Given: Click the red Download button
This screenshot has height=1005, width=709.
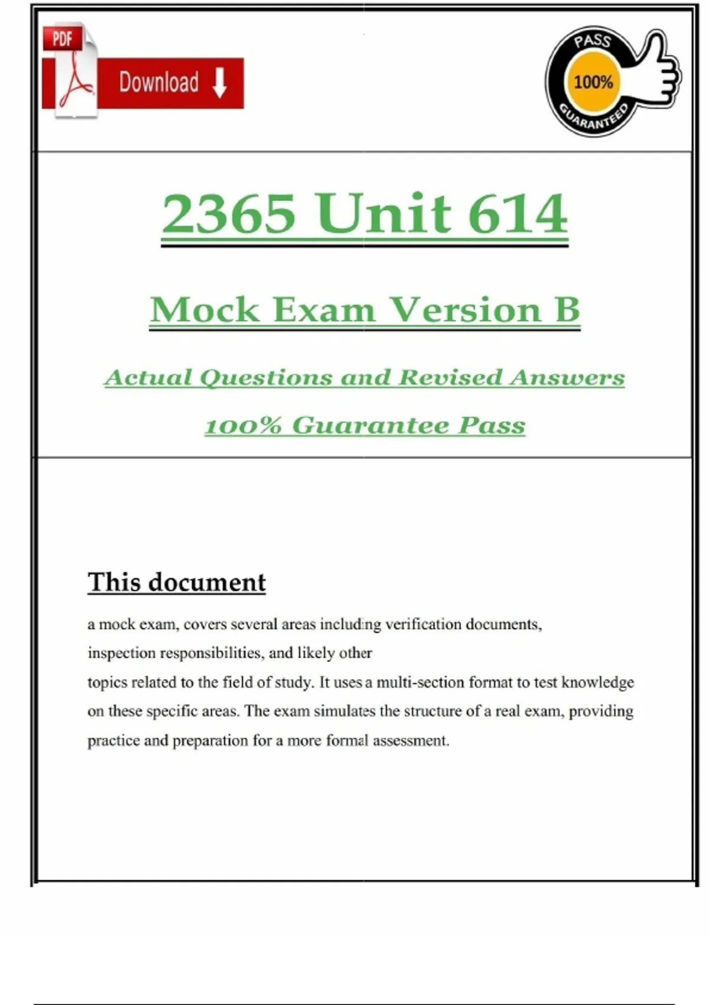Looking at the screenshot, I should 170,83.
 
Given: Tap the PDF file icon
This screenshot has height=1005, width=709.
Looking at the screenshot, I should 70,71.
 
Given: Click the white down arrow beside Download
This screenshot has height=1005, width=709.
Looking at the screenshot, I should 220,83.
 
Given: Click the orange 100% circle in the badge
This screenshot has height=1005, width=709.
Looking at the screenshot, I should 593,82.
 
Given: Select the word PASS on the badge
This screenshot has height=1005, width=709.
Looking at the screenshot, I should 592,41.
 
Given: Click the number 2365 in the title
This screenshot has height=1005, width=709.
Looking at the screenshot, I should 229,213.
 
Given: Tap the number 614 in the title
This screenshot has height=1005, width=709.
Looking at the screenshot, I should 518,213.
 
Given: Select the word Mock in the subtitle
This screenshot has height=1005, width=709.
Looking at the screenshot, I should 204,309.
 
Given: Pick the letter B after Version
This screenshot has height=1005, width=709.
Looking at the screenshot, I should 567,309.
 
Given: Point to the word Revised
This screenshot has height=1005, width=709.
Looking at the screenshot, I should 450,377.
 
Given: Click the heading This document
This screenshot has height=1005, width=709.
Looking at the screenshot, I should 177,582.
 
